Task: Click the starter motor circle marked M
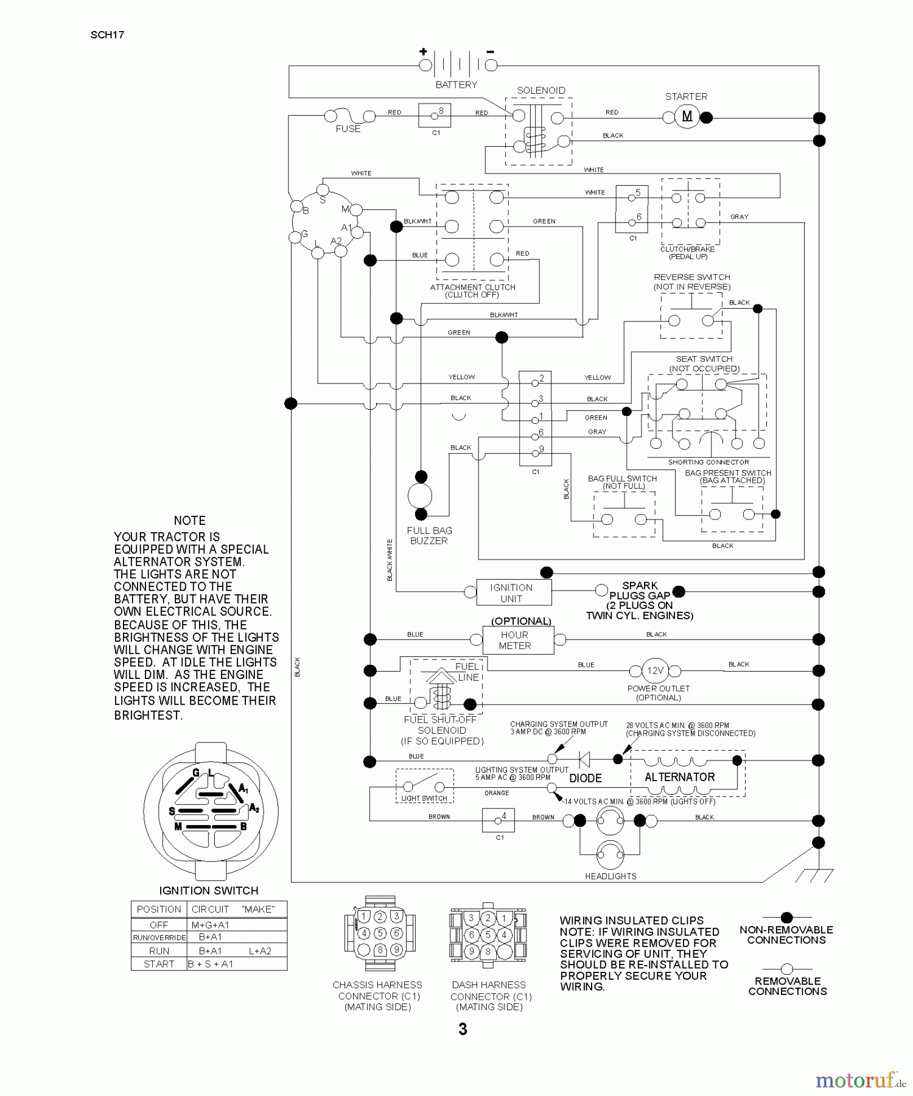point(687,117)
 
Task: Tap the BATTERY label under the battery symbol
point(456,85)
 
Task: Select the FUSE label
point(348,129)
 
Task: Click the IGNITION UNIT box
point(513,592)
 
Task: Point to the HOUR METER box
point(518,641)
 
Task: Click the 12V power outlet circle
point(655,670)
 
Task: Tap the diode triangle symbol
point(584,759)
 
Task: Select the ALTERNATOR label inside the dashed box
point(679,778)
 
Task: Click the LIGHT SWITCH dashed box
point(424,786)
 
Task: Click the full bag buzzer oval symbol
point(420,496)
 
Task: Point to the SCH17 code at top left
point(107,35)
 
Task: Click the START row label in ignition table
point(159,964)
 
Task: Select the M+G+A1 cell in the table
point(210,925)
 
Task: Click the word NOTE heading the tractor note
point(189,521)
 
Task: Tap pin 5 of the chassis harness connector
point(380,933)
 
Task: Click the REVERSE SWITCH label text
point(692,277)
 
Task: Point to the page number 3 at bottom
point(463,1029)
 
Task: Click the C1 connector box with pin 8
point(435,114)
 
